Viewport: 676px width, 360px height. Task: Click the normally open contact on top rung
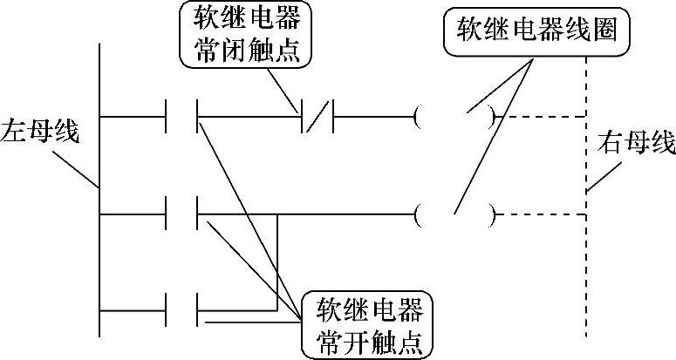coord(182,115)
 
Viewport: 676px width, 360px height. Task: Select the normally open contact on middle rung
coord(182,211)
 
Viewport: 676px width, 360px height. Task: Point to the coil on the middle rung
coord(456,212)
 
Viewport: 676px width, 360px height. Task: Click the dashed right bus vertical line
coord(585,262)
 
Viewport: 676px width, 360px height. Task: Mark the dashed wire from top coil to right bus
coord(541,115)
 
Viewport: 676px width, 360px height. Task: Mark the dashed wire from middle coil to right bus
coord(541,212)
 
